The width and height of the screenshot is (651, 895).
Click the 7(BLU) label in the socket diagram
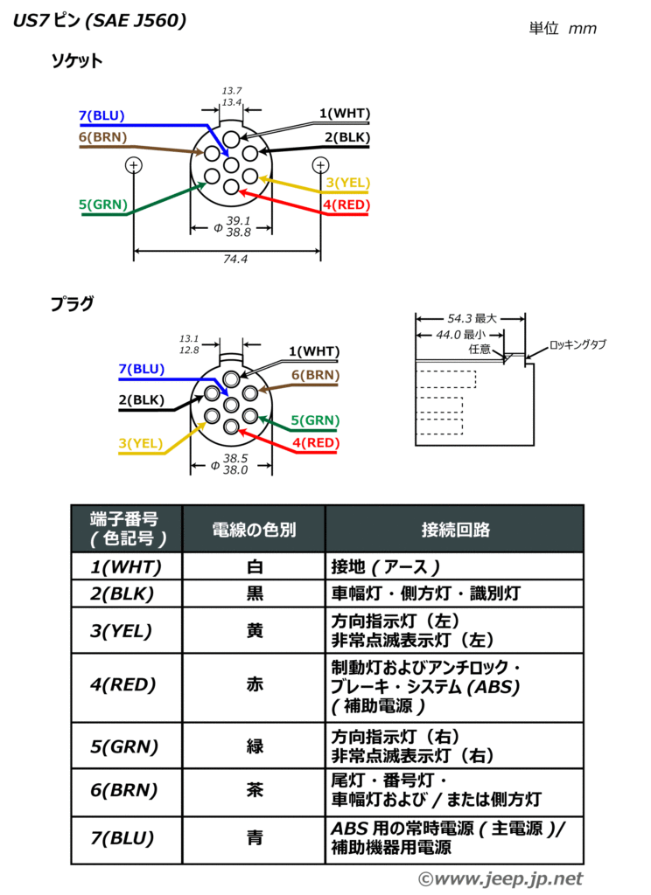click(x=101, y=115)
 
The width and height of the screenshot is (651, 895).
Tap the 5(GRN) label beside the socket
click(x=102, y=205)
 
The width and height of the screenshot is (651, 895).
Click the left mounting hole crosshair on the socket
click(x=133, y=164)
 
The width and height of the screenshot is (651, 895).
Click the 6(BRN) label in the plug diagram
click(x=315, y=375)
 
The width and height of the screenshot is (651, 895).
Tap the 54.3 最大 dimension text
click(x=472, y=319)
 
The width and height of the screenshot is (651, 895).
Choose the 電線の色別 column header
click(x=254, y=530)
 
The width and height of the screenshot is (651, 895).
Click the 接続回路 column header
click(x=455, y=530)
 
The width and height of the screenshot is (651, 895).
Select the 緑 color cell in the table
click(x=254, y=746)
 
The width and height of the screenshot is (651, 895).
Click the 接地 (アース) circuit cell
click(x=385, y=566)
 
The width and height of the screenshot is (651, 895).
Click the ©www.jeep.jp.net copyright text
click(x=500, y=878)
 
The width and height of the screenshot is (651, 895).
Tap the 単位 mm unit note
click(x=563, y=28)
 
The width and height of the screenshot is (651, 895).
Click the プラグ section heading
click(x=71, y=304)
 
